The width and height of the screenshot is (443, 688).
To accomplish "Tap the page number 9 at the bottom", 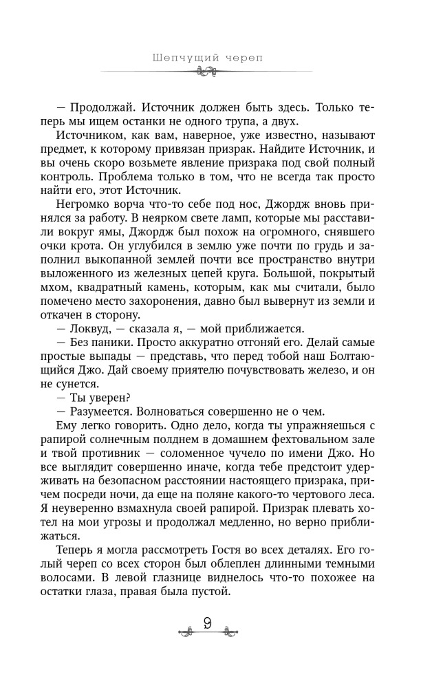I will tap(207, 626).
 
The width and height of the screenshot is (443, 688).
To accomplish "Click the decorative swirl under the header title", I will tap(207, 71).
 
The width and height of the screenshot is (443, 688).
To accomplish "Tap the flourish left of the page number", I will tap(185, 628).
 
